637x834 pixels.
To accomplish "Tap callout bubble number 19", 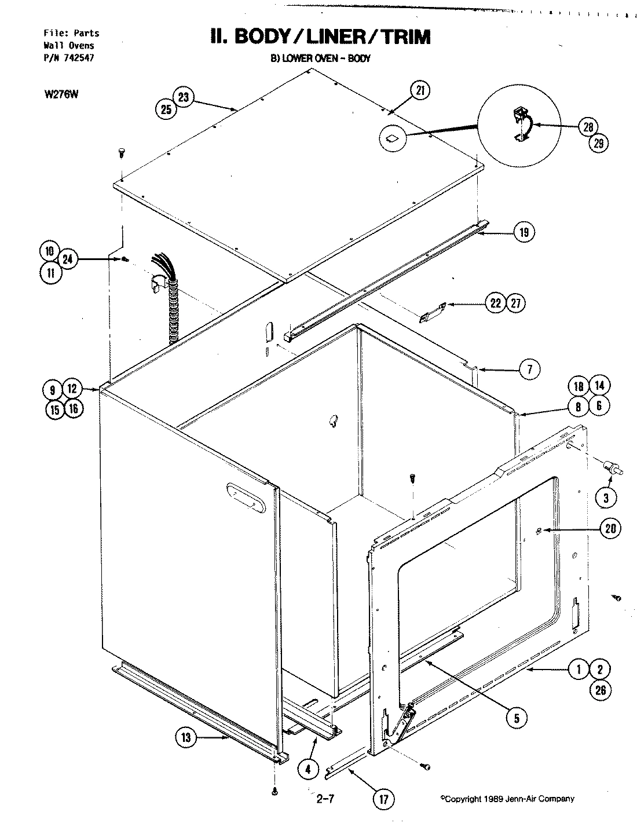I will coord(523,233).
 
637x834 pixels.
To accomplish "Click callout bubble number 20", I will coord(610,528).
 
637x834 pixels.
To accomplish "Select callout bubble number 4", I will coord(309,769).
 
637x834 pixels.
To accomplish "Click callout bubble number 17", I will coord(384,799).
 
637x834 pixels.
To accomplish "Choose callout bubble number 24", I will coord(68,260).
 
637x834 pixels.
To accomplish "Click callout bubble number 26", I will coord(600,690).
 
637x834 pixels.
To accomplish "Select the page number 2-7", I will coord(326,800).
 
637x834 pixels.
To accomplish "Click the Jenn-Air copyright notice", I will coord(507,799).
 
